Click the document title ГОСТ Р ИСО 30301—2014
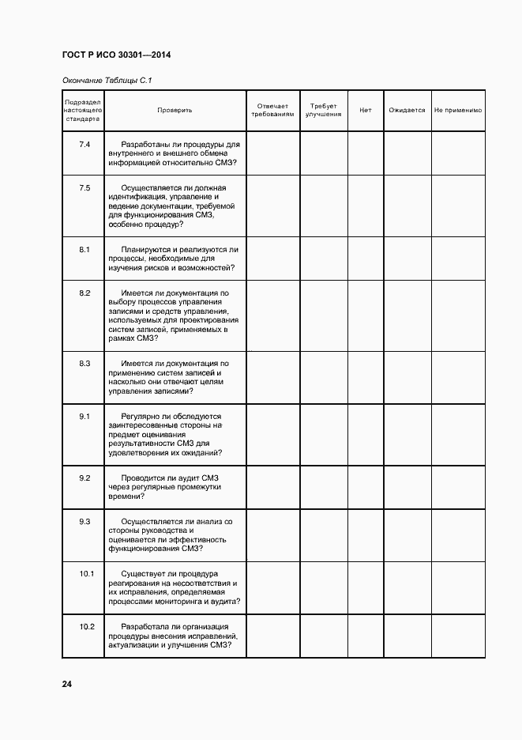[116, 55]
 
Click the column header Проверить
[175, 111]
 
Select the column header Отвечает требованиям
[272, 111]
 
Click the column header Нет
[365, 111]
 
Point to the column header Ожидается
[407, 111]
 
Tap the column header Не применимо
[458, 111]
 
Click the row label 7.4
[84, 145]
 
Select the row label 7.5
[84, 187]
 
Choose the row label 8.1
[84, 250]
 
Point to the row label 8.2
[84, 293]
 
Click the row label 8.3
[84, 363]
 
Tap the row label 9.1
[84, 416]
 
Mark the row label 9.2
[84, 478]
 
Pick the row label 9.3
[84, 521]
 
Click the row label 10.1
[87, 573]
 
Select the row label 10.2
[87, 627]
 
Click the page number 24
[67, 684]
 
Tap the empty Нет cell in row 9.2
[365, 488]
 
